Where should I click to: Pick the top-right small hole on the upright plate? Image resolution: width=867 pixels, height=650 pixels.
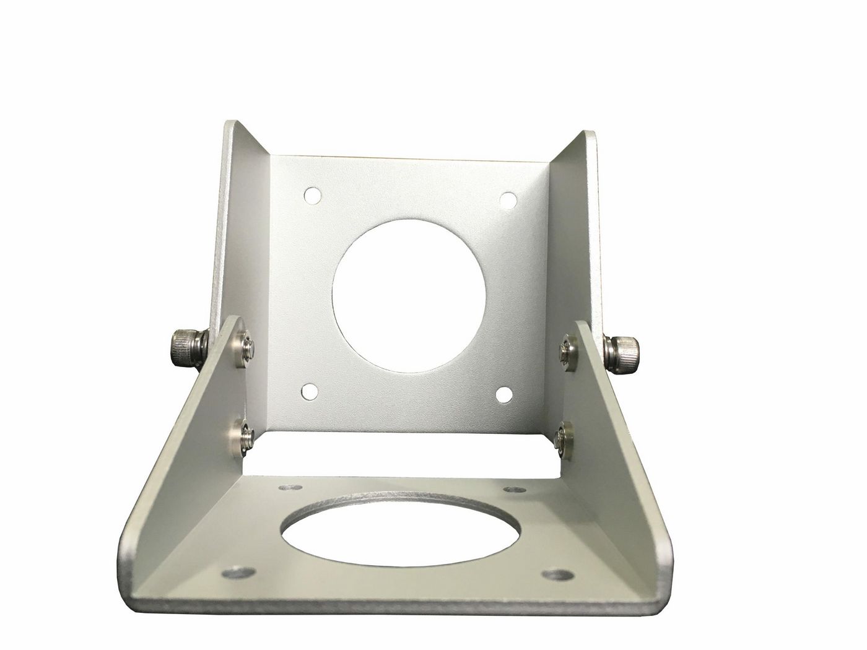(x=508, y=200)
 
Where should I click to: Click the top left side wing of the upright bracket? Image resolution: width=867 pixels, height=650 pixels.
(x=245, y=204)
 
